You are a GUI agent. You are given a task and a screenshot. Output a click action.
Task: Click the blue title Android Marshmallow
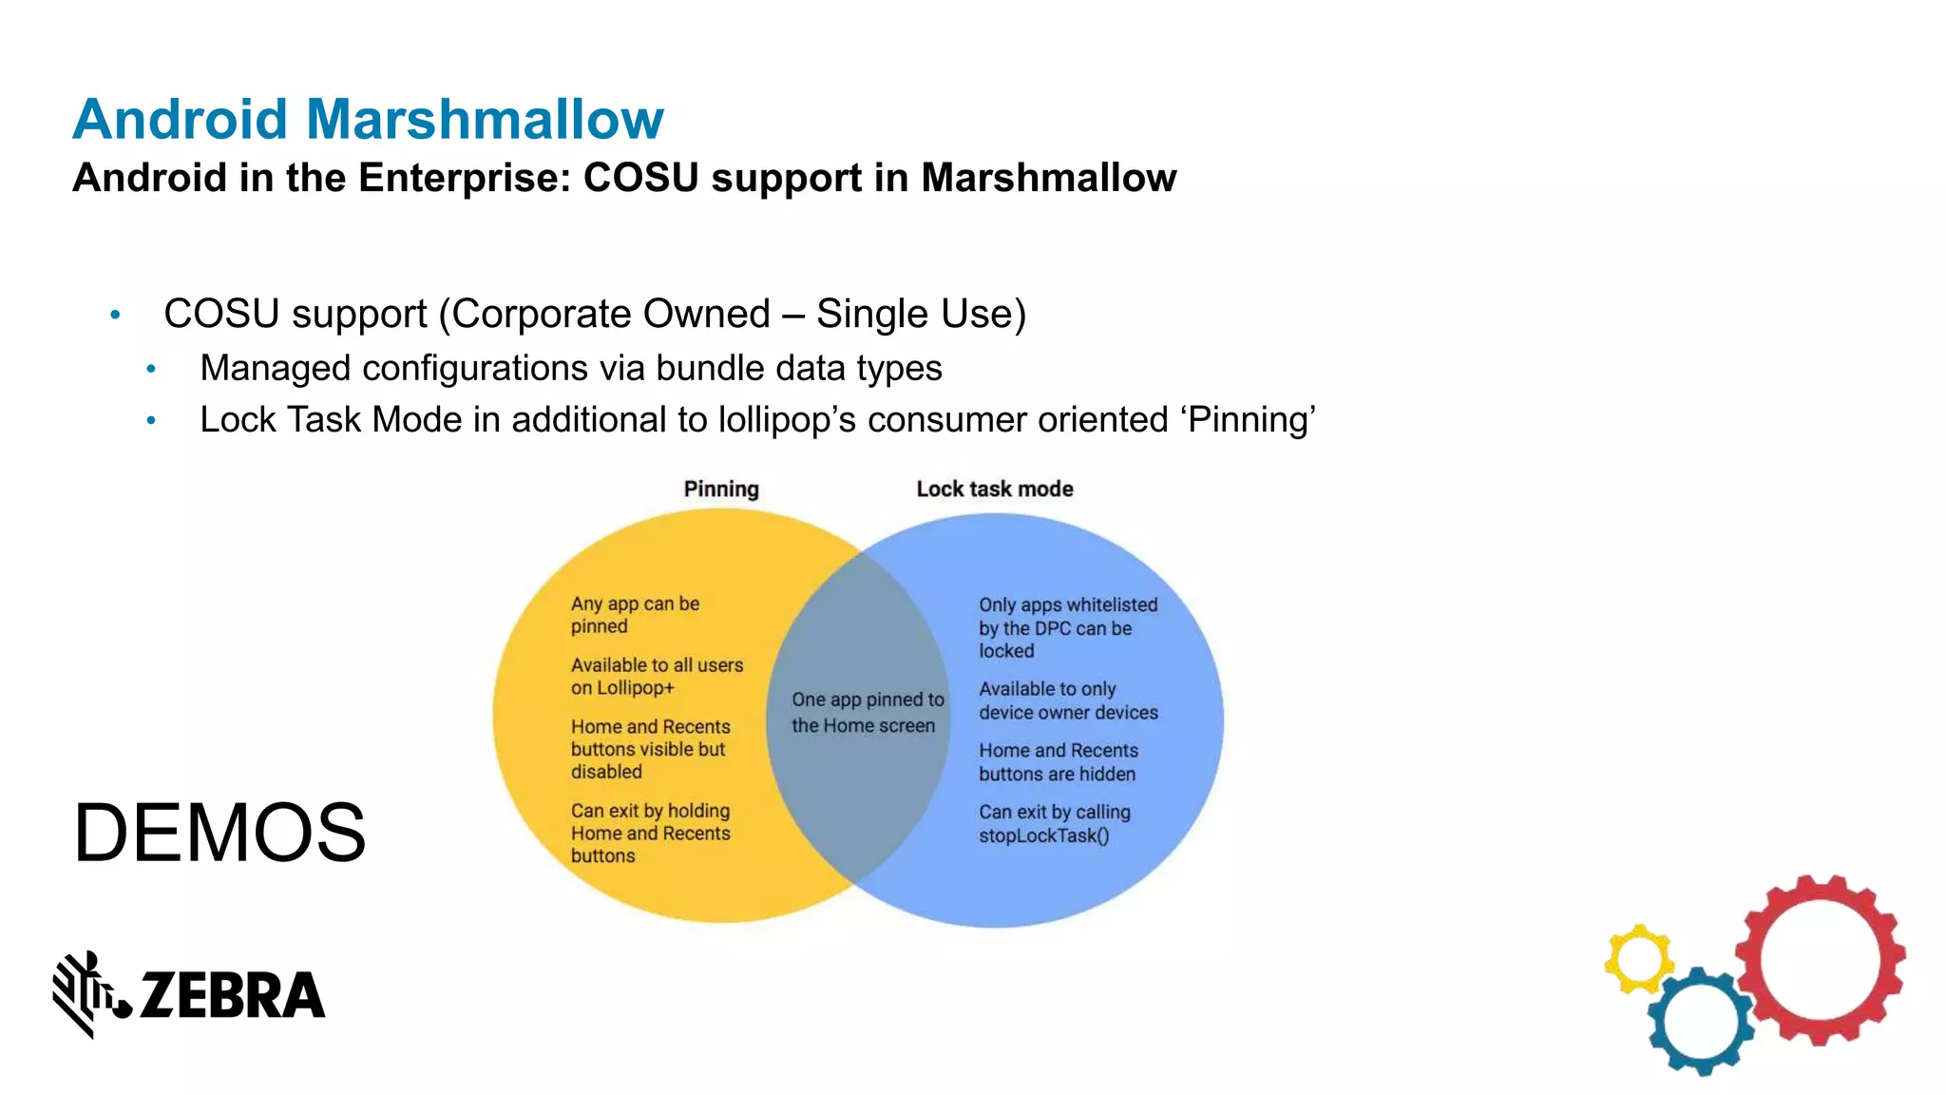(x=368, y=120)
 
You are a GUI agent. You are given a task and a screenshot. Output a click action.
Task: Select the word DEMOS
(x=219, y=833)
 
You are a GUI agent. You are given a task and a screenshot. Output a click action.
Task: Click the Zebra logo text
(x=232, y=995)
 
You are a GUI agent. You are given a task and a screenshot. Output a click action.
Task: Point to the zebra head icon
(x=89, y=992)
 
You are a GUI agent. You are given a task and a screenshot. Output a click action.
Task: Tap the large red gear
(x=1820, y=960)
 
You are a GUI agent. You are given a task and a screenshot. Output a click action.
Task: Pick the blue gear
(x=1700, y=1022)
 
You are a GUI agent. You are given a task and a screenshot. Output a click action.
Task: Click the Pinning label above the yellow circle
(x=721, y=490)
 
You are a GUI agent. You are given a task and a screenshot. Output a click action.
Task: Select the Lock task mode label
(x=995, y=490)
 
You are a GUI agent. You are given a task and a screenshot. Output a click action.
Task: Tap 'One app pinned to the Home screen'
(x=867, y=713)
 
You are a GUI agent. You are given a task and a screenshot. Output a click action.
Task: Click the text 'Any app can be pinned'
(x=634, y=615)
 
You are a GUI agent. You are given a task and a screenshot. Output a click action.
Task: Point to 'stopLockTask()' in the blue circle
(x=1043, y=836)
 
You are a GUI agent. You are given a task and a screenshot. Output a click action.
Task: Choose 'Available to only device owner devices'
(x=1068, y=701)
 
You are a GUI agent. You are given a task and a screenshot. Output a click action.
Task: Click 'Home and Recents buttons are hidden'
(x=1058, y=762)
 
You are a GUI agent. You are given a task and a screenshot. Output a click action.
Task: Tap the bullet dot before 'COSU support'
(x=115, y=315)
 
